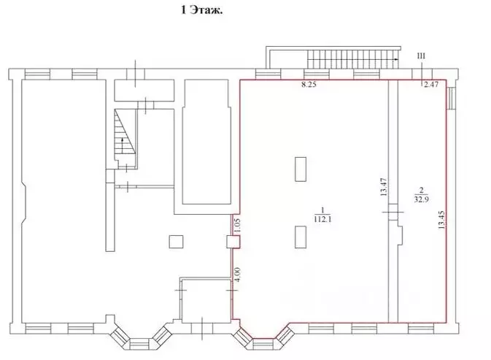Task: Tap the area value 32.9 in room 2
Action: coord(421,197)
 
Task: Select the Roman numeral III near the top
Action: coord(420,56)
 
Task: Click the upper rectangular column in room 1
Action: coord(301,169)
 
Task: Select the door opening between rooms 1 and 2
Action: coord(392,212)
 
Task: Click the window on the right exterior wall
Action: coord(451,99)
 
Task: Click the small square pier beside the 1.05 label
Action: coord(232,242)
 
